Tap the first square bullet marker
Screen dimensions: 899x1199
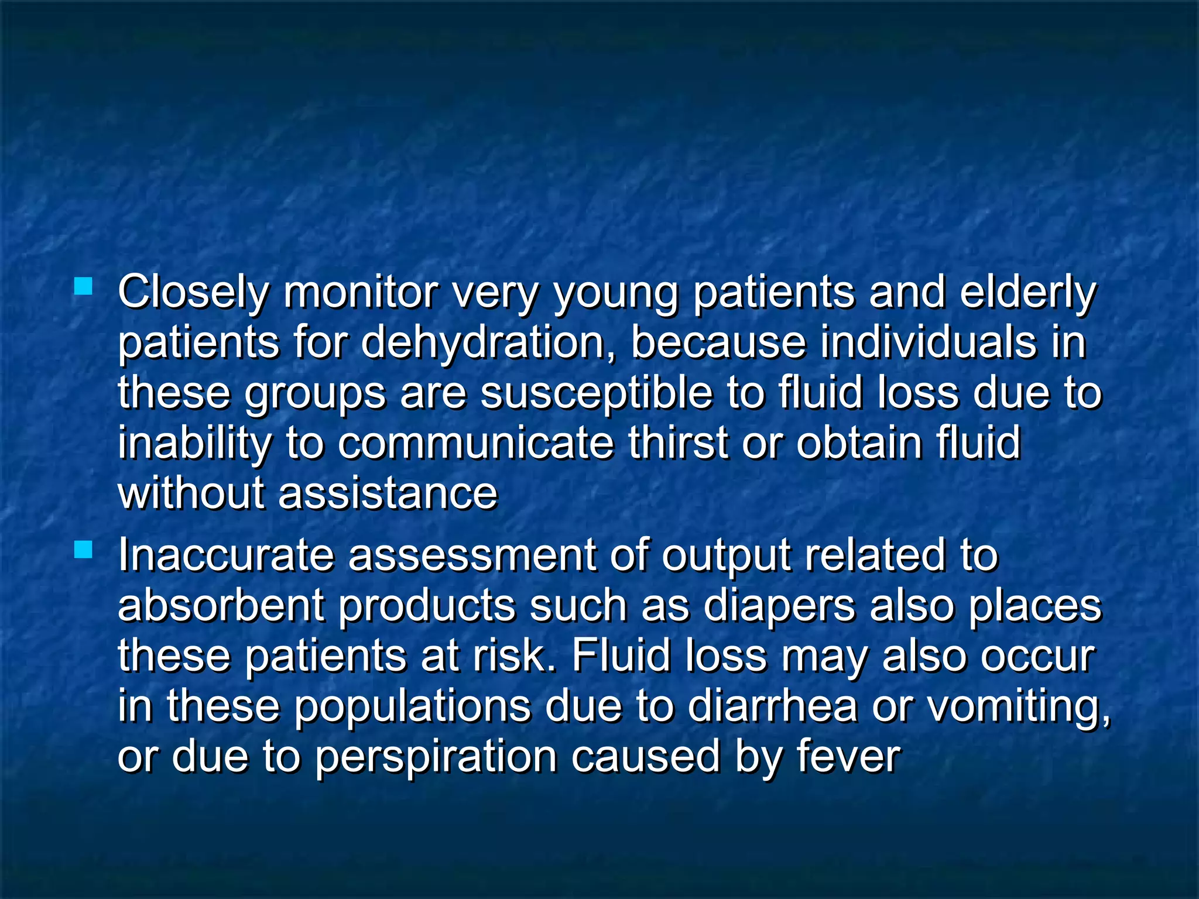[x=84, y=286]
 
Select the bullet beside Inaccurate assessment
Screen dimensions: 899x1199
[x=84, y=550]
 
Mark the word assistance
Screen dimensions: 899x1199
[x=388, y=493]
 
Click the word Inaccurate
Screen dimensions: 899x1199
[x=226, y=554]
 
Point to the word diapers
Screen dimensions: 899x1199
[x=779, y=606]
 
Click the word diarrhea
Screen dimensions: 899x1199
[x=772, y=706]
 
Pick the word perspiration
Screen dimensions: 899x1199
[x=436, y=757]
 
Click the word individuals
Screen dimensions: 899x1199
[x=928, y=342]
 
